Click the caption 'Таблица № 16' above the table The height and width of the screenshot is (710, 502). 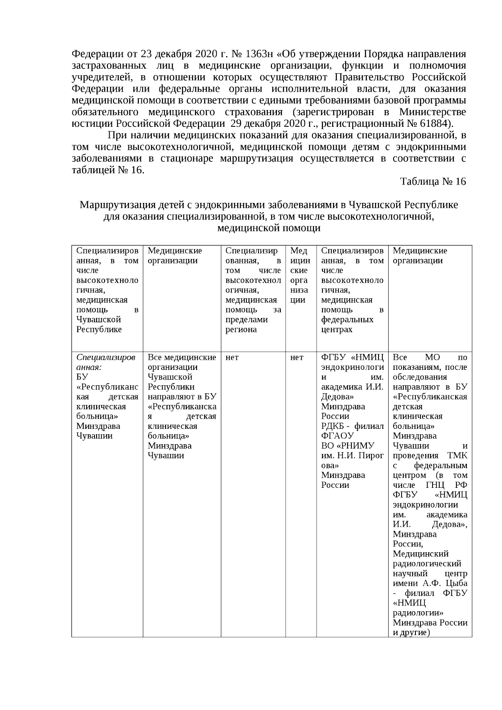pos(433,182)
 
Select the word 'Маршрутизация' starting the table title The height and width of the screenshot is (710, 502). pos(115,205)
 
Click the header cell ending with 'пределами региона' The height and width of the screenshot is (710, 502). pos(253,290)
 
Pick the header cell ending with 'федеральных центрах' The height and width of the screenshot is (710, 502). pos(352,290)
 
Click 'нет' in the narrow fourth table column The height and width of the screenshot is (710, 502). pos(297,358)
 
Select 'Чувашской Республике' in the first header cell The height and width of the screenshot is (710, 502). pos(99,324)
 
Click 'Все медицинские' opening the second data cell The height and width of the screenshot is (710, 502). pos(182,358)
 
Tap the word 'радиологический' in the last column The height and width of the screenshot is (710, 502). pos(427,564)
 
